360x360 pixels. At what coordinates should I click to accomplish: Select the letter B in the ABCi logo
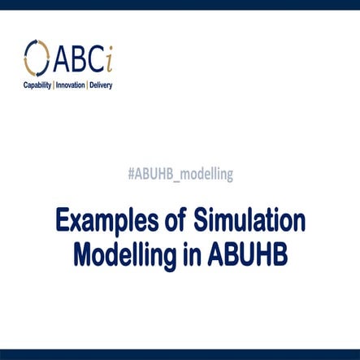click(83, 57)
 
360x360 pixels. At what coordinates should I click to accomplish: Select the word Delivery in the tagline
click(101, 84)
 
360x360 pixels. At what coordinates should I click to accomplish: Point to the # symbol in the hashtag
click(132, 173)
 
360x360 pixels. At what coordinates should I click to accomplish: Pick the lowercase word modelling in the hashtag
click(206, 173)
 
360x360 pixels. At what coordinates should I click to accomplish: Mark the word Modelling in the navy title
click(123, 254)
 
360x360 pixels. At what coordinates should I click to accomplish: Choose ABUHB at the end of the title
click(243, 254)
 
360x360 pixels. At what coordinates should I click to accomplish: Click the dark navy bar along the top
click(180, 5)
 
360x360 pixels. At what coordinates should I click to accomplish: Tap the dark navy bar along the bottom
click(180, 354)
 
